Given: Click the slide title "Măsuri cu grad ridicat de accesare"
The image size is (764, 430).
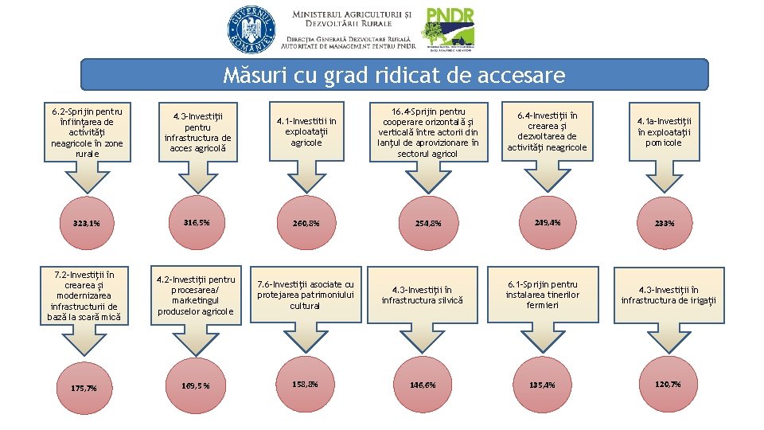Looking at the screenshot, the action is click(394, 76).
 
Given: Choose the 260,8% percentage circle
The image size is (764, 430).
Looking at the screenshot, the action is click(306, 223).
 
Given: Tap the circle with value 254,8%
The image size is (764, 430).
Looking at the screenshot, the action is click(427, 223).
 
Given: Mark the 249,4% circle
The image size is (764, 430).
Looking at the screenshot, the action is click(547, 222).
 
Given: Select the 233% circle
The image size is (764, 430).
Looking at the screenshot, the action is click(665, 223).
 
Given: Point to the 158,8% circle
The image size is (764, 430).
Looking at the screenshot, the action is click(306, 385).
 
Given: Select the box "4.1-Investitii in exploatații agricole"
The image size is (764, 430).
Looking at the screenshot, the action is click(306, 132).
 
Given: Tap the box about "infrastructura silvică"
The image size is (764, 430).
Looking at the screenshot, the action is click(422, 295).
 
